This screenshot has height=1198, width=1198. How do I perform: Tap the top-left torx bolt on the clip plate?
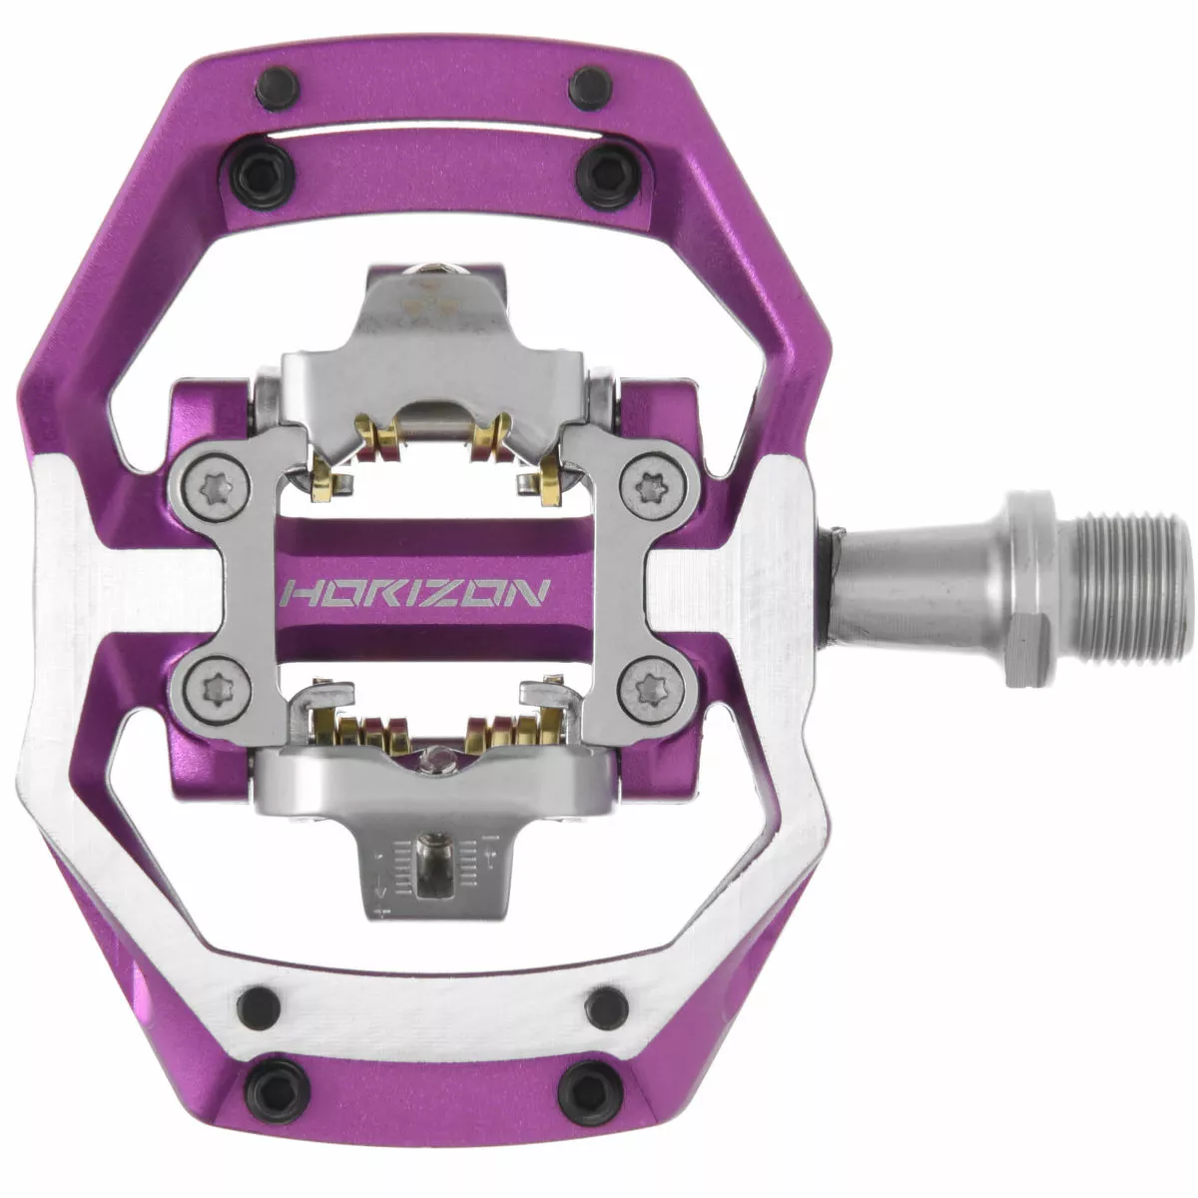[x=217, y=486]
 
